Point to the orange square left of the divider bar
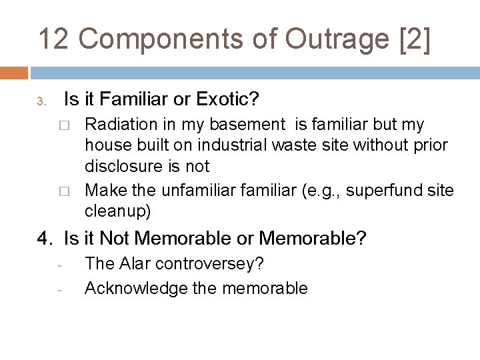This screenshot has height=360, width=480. click(14, 72)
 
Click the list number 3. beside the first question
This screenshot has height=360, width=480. click(41, 102)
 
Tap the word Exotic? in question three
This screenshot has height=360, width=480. click(226, 100)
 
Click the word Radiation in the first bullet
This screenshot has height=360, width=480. click(116, 125)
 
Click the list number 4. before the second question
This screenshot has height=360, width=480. click(46, 237)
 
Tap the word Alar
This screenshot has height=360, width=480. click(133, 263)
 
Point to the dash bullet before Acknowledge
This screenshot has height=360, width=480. click(59, 290)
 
